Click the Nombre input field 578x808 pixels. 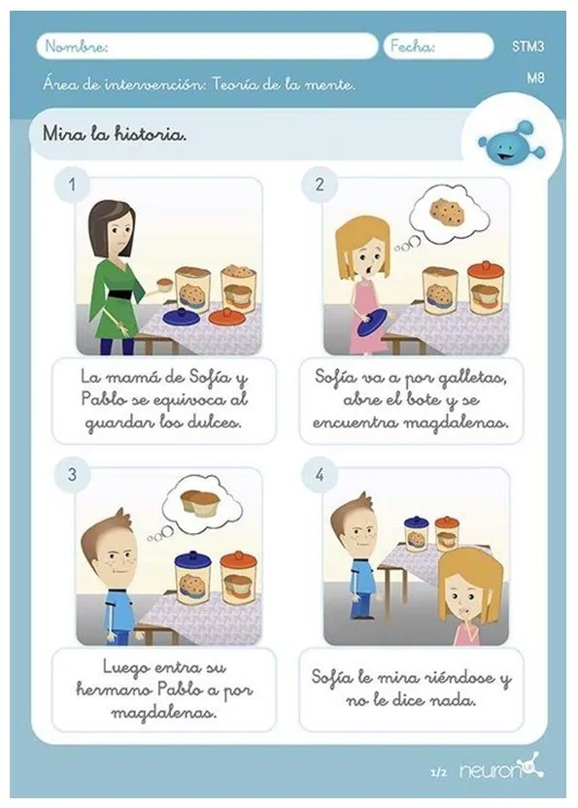coord(207,47)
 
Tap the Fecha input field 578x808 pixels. coord(439,47)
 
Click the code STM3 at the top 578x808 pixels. coord(528,47)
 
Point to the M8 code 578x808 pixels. coord(535,78)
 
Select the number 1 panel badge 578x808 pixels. coord(72,184)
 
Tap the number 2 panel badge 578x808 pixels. coord(320,184)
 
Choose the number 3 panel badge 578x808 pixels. coord(72,474)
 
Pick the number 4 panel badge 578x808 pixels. coord(320,474)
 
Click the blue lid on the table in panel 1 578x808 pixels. coord(181,317)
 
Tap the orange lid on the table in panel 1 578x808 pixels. coord(227,317)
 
